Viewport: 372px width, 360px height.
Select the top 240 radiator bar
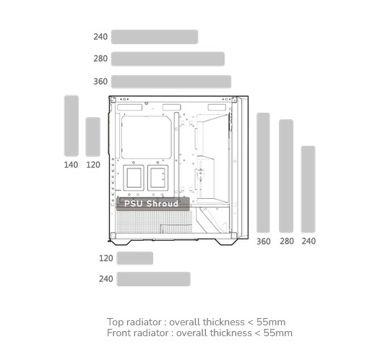(x=155, y=37)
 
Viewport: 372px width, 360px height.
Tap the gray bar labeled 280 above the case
(x=168, y=59)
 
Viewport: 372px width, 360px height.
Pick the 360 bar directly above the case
(x=171, y=82)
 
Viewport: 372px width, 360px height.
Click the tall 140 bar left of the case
(x=72, y=126)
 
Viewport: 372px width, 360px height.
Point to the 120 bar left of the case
(x=93, y=137)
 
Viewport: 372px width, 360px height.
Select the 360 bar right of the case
(x=263, y=173)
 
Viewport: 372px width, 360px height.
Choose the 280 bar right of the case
(x=286, y=176)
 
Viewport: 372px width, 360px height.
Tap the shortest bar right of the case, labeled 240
(x=308, y=189)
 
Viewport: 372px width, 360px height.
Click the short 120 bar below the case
(x=135, y=258)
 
